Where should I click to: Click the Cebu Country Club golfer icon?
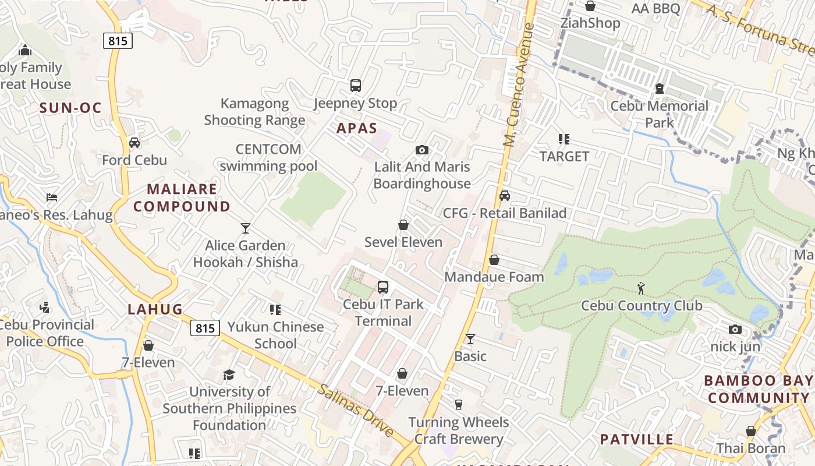click(641, 288)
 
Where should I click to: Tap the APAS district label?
click(357, 128)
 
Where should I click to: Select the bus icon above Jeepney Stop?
click(356, 86)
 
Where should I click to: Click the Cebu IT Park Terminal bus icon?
click(383, 287)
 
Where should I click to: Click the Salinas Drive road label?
click(355, 410)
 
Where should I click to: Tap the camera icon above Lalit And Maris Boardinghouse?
click(422, 150)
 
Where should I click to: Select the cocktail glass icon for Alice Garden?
click(246, 228)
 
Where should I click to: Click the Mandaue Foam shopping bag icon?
click(494, 260)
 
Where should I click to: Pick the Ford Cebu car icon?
click(134, 143)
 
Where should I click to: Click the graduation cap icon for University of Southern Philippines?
click(229, 375)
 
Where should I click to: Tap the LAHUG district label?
click(155, 309)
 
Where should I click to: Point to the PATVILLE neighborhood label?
click(636, 439)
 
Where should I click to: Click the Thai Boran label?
click(751, 449)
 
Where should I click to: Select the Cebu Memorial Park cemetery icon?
click(660, 89)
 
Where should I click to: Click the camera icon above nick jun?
click(735, 330)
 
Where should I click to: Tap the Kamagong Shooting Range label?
click(254, 112)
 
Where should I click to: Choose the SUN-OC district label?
click(70, 108)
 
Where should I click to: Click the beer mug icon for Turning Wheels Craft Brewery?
click(458, 404)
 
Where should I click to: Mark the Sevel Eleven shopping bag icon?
click(403, 225)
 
